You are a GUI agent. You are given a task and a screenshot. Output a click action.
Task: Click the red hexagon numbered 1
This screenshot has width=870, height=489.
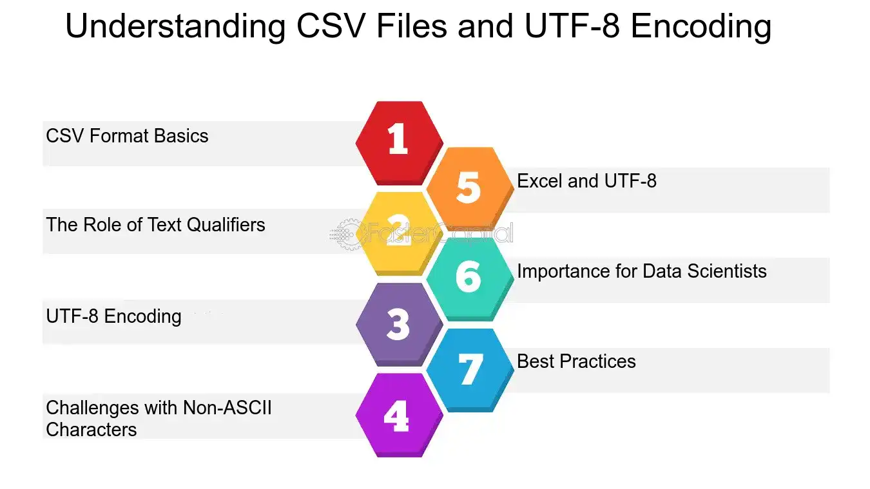pyautogui.click(x=400, y=143)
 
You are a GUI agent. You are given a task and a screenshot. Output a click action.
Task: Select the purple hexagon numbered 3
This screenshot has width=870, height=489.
pyautogui.click(x=400, y=325)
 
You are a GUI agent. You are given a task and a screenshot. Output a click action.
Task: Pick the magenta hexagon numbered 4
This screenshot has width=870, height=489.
pyautogui.click(x=400, y=415)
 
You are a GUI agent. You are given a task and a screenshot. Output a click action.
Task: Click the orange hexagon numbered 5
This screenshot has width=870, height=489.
pyautogui.click(x=470, y=188)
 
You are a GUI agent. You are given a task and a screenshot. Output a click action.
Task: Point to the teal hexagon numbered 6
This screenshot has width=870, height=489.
pyautogui.click(x=470, y=279)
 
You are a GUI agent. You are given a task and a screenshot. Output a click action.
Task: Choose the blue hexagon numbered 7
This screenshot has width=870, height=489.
pyautogui.click(x=470, y=370)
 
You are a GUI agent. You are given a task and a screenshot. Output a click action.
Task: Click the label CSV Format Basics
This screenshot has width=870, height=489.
pyautogui.click(x=127, y=136)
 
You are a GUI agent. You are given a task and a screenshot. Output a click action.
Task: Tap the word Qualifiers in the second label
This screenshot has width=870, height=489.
pyautogui.click(x=227, y=225)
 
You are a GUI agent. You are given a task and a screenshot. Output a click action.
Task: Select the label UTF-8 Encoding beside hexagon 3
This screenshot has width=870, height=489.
pyautogui.click(x=114, y=316)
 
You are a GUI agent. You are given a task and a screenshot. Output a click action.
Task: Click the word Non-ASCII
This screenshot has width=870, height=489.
pyautogui.click(x=227, y=408)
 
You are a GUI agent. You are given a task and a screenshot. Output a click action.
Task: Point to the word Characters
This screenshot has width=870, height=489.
pyautogui.click(x=92, y=430)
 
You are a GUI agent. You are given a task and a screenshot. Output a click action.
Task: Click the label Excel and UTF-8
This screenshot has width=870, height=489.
pyautogui.click(x=587, y=181)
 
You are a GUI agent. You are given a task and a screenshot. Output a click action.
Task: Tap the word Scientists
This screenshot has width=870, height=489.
pyautogui.click(x=727, y=271)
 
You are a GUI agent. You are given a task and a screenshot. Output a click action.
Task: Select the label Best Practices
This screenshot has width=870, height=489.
pyautogui.click(x=576, y=361)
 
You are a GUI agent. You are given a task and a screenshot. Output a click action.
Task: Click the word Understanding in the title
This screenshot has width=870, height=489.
pyautogui.click(x=175, y=26)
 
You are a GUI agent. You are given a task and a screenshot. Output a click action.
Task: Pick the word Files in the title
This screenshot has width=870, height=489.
pyautogui.click(x=412, y=26)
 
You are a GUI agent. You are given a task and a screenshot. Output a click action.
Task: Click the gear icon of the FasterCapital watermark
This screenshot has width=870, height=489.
pyautogui.click(x=347, y=235)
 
